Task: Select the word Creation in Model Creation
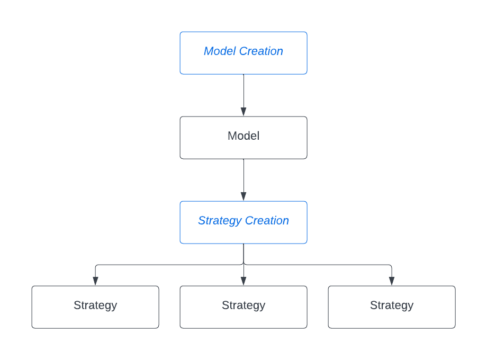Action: [x=261, y=51]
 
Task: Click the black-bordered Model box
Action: [x=243, y=138]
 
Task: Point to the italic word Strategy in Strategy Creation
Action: [x=220, y=221]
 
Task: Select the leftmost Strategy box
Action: [x=95, y=307]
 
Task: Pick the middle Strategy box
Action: [x=243, y=307]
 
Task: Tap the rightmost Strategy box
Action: [x=392, y=307]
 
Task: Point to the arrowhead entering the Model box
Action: [x=243, y=112]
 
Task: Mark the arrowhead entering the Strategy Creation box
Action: [x=243, y=196]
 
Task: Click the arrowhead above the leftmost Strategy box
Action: [x=95, y=281]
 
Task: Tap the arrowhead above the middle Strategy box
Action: [x=243, y=281]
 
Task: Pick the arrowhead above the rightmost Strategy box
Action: [x=392, y=281]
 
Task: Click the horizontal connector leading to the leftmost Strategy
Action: [x=169, y=265]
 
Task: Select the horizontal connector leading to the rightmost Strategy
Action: [x=318, y=265]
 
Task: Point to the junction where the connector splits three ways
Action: [x=243, y=264]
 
